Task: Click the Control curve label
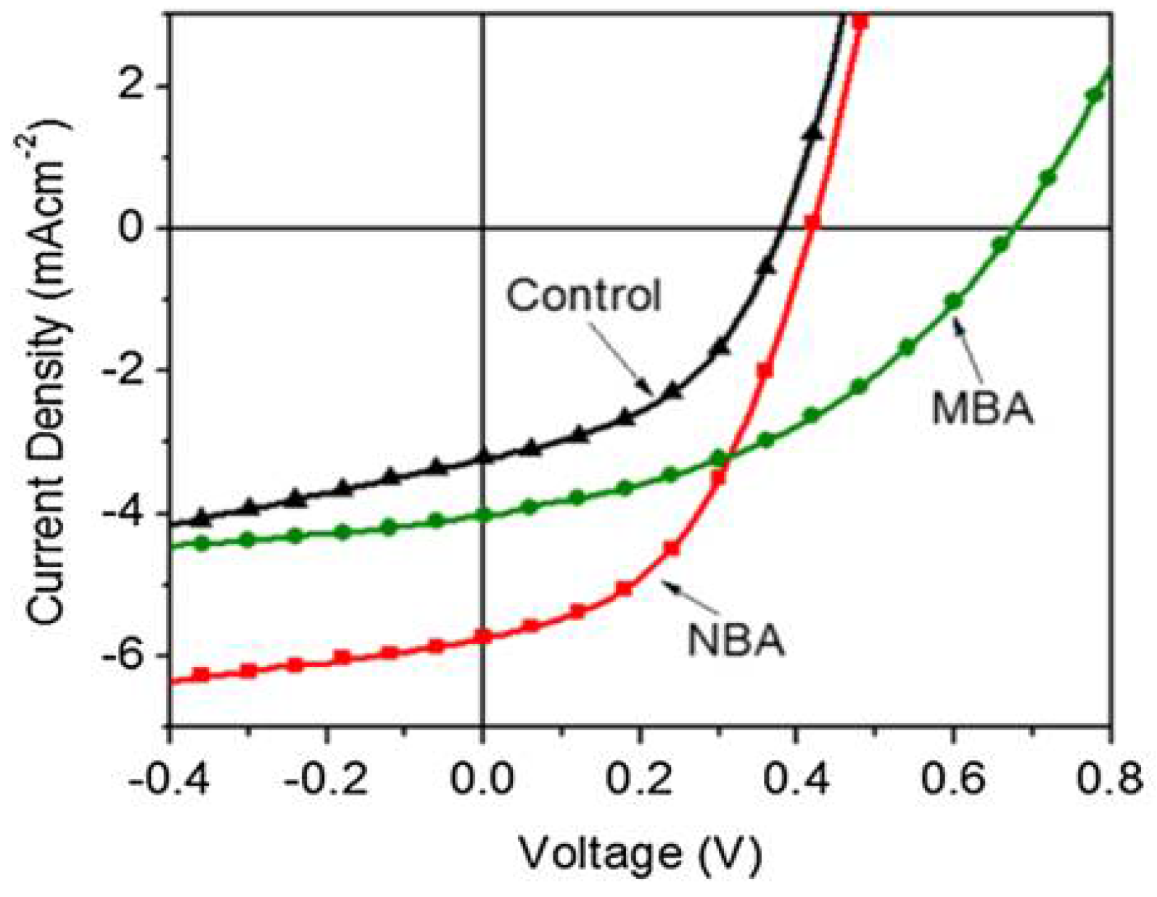pos(583,296)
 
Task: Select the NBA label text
pos(736,641)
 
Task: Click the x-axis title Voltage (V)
pos(639,853)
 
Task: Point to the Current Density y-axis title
pos(49,369)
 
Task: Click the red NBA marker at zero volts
pos(483,637)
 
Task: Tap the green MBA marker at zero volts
pos(483,516)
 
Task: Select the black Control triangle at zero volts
pos(483,457)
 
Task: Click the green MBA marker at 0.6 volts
pos(953,302)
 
